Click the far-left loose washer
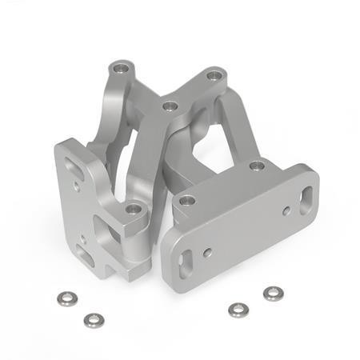(66, 298)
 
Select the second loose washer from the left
(94, 319)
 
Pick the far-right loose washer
(273, 294)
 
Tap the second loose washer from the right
(237, 309)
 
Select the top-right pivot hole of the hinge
(213, 77)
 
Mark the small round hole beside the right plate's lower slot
(208, 253)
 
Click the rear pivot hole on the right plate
(257, 166)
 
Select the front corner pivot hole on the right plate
(186, 201)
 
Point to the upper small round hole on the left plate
(76, 186)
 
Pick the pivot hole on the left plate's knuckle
(134, 210)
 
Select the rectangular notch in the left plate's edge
(99, 227)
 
